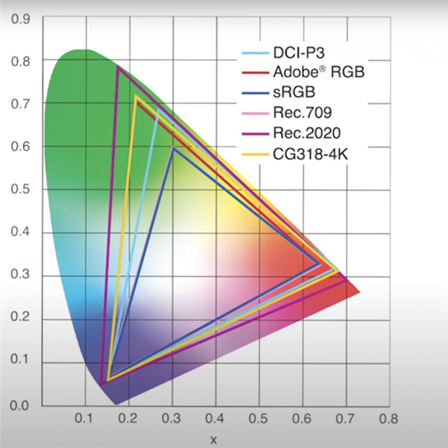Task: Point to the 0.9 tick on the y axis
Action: click(x=19, y=17)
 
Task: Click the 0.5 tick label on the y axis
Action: click(x=19, y=190)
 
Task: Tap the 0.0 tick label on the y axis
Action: click(x=19, y=406)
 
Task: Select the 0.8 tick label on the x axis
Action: click(x=387, y=420)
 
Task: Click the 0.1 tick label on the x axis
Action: click(x=84, y=420)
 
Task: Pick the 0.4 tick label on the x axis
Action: click(x=215, y=420)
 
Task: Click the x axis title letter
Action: click(x=214, y=439)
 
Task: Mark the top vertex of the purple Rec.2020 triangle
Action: click(x=117, y=67)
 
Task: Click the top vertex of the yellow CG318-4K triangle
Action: click(x=135, y=96)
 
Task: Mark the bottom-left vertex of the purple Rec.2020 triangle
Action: click(x=102, y=383)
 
